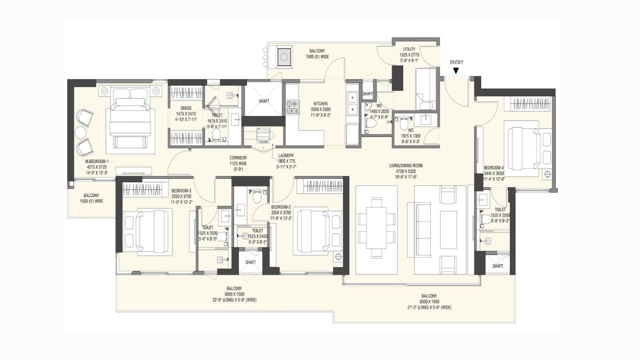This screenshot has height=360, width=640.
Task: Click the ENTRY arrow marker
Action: [x=456, y=71]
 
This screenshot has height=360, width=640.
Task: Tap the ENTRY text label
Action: [x=456, y=62]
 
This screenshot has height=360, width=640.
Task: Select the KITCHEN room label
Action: [x=320, y=103]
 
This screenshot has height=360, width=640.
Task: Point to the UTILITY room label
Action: [x=409, y=49]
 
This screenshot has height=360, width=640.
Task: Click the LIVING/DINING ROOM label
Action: [x=406, y=165]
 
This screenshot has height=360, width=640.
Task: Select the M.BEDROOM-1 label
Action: [x=96, y=161]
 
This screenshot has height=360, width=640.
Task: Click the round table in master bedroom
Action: [x=81, y=132]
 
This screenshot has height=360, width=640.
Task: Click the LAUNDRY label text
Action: [x=286, y=155]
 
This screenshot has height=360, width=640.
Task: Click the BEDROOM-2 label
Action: [x=281, y=206]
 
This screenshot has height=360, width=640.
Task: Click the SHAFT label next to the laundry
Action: [x=263, y=101]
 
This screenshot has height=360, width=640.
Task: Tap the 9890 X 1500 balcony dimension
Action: [x=234, y=294]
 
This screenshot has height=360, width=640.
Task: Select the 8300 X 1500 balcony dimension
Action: [x=428, y=301]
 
